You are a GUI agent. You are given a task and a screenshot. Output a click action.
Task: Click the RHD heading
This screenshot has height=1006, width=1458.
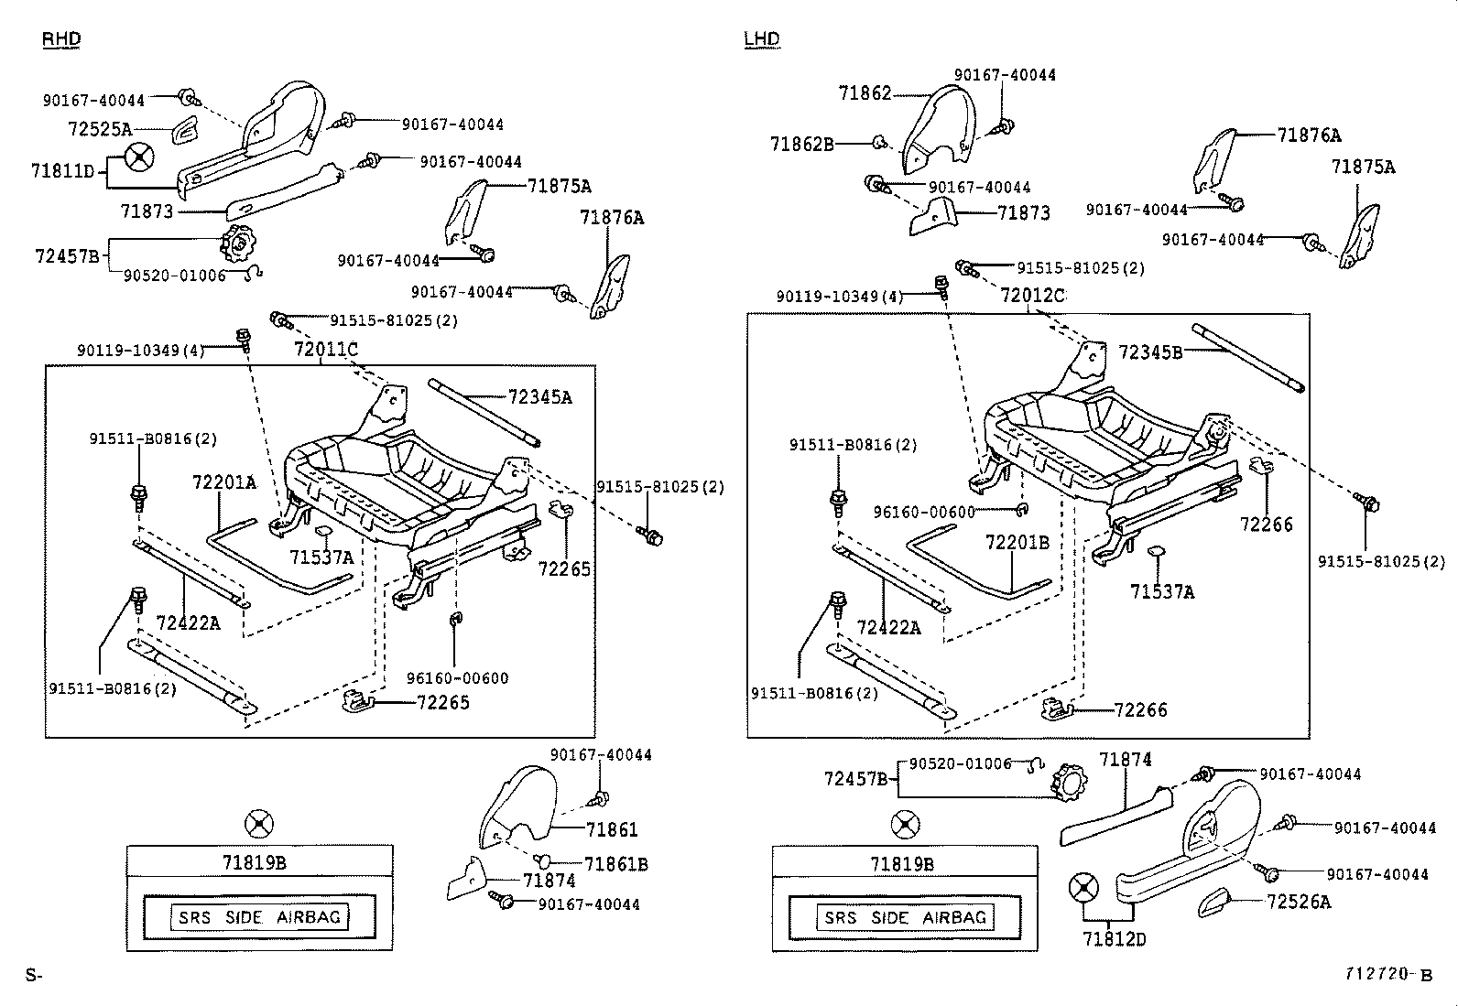[61, 38]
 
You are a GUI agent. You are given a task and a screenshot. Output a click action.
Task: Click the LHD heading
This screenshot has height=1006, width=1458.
[761, 38]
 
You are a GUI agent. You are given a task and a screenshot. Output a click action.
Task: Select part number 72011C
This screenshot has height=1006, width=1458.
[325, 349]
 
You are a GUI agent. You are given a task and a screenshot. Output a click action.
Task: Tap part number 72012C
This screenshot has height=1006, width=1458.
[1032, 296]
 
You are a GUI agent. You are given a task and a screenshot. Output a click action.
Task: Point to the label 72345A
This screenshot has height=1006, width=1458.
[539, 397]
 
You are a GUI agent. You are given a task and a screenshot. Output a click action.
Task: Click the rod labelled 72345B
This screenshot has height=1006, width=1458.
[1248, 357]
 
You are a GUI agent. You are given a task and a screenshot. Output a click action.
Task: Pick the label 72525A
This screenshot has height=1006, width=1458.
[99, 129]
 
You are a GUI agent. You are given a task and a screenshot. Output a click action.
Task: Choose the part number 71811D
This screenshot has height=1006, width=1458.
[62, 170]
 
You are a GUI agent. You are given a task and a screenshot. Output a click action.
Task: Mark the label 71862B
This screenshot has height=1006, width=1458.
[801, 144]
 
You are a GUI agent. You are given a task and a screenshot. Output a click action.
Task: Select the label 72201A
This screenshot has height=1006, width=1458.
[224, 481]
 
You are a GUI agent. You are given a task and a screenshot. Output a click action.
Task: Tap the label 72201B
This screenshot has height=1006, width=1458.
[1017, 543]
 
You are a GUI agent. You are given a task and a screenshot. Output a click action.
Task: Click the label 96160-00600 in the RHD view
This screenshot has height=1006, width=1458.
[457, 678]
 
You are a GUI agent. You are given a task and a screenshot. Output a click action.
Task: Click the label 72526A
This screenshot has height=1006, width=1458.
[1299, 902]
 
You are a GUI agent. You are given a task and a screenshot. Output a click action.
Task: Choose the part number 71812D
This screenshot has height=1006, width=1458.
[1114, 939]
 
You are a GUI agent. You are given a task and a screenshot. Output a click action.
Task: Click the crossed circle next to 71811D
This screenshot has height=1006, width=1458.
[139, 157]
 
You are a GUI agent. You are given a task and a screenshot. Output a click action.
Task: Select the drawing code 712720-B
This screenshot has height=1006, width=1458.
[1387, 975]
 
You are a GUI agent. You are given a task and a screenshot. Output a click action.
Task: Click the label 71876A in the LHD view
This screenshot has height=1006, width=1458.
[1309, 135]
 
